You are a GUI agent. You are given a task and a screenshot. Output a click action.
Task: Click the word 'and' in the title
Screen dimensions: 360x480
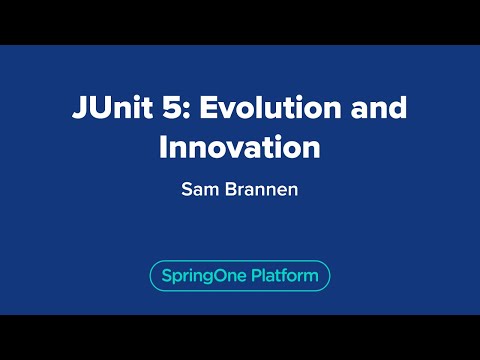coord(375,107)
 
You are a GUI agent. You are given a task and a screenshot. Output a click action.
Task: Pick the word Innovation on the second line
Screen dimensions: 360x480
coord(240,146)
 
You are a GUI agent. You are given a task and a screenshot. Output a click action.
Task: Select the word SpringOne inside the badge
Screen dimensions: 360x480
coord(200,275)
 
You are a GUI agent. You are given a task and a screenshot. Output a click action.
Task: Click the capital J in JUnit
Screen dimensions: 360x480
coord(78,107)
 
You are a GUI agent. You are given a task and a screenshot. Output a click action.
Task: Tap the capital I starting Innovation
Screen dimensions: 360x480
coord(163,146)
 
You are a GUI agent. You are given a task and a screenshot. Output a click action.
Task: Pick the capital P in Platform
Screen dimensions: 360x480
coord(253,275)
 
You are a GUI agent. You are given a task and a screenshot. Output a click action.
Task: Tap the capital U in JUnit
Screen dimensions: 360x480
coord(96,107)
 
